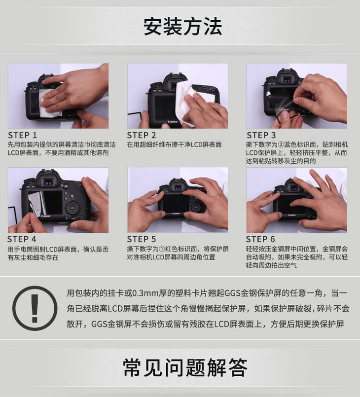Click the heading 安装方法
coord(183,26)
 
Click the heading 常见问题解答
coord(185,367)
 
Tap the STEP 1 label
coord(23,135)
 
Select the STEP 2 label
coord(142,135)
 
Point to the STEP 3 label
coord(261,135)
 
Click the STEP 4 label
coord(22,239)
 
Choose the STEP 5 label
coord(142,239)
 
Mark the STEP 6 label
coord(260,239)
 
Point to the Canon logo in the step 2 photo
coord(173,122)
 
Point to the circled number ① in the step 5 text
coord(162,249)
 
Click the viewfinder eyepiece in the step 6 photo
coord(293,187)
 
